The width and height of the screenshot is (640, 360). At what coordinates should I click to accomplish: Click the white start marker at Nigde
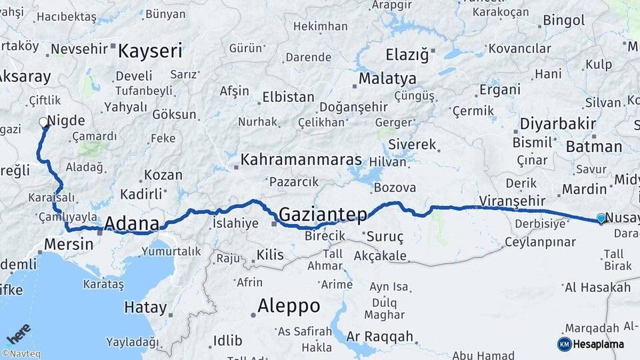click(x=44, y=122)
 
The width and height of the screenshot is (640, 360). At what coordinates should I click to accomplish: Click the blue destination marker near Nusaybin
click(x=601, y=218)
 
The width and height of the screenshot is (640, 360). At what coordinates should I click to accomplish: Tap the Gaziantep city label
click(x=323, y=214)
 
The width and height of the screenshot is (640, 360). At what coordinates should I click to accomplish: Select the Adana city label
click(x=132, y=223)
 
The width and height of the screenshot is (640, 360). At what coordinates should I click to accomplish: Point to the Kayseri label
click(x=150, y=51)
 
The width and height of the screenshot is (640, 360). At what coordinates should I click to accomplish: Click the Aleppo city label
click(x=289, y=306)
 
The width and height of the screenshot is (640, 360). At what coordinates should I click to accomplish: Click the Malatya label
click(x=387, y=79)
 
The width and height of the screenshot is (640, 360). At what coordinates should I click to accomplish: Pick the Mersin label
click(x=69, y=244)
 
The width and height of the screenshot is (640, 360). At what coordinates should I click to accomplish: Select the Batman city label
click(x=594, y=147)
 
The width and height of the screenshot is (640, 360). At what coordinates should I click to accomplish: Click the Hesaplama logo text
click(x=599, y=344)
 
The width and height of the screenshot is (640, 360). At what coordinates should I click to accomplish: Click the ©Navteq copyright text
click(x=21, y=354)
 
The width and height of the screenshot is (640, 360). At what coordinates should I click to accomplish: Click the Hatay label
click(x=145, y=307)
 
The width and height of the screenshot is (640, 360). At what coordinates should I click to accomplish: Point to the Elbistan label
click(x=288, y=97)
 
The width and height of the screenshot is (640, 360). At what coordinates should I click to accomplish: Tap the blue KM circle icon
click(x=564, y=344)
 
